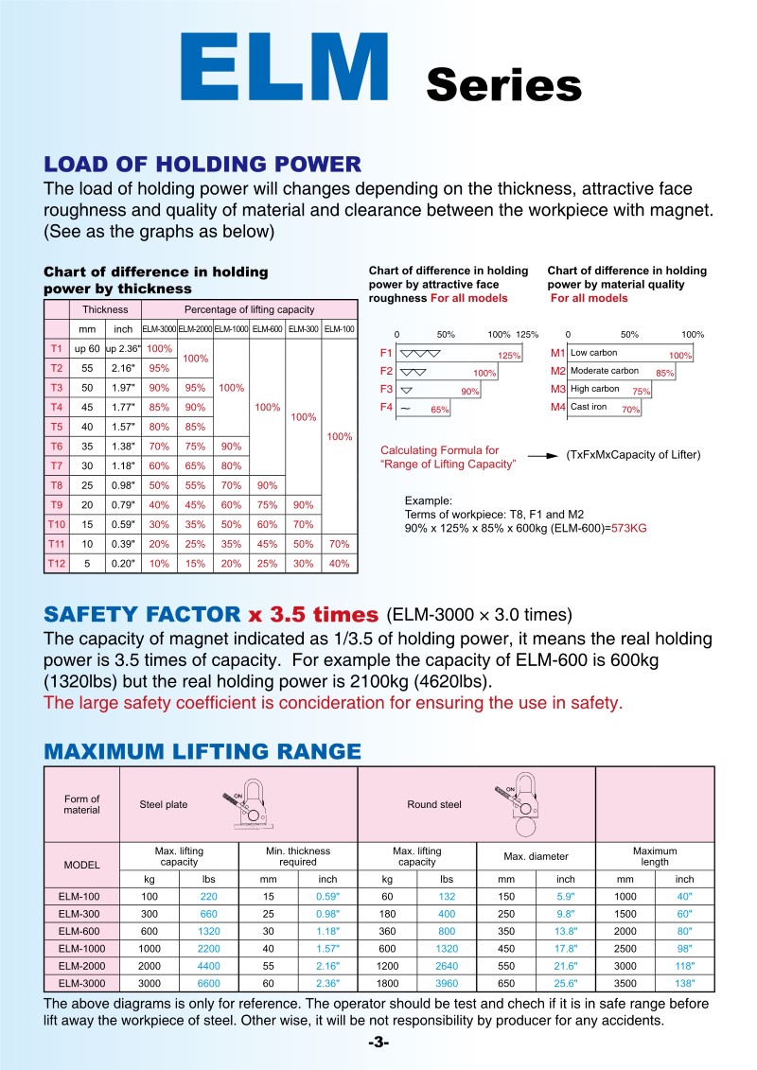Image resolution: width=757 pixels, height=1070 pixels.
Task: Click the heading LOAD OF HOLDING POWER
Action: pos(202,164)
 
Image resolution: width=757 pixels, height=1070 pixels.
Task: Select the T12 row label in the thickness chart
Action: pos(57,563)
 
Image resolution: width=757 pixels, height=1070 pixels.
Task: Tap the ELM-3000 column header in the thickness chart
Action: pos(158,329)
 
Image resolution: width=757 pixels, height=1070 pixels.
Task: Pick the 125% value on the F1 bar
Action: pos(510,355)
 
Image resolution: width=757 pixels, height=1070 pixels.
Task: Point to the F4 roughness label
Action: pos(385,408)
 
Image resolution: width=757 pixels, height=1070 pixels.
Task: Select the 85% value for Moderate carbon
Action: pos(664,374)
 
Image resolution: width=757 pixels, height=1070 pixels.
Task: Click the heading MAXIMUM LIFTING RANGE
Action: pos(202,752)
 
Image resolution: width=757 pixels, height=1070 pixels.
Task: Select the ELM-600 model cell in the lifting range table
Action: pos(81,932)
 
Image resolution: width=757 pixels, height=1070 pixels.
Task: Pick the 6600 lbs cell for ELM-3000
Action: pos(209,984)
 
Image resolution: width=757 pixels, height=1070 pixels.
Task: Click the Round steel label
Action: pos(434,804)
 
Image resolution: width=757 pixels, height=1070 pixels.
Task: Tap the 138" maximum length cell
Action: pos(684,984)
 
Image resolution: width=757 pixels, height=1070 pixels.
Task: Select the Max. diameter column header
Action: pos(536,856)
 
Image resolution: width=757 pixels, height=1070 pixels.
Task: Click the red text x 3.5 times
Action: pos(313,613)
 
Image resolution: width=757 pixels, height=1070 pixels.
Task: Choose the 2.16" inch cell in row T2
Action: pos(123,368)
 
